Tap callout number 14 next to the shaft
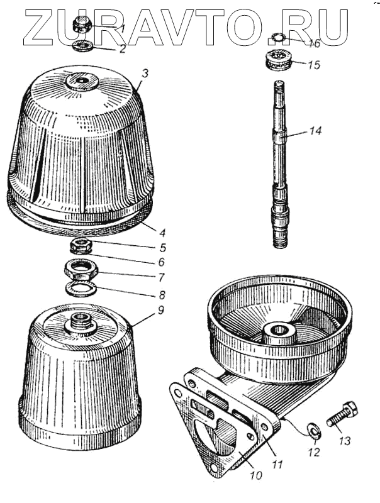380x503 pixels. click(x=315, y=131)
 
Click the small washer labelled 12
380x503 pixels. click(x=313, y=429)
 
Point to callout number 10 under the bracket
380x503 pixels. click(x=255, y=476)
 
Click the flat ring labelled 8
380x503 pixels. click(x=81, y=290)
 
